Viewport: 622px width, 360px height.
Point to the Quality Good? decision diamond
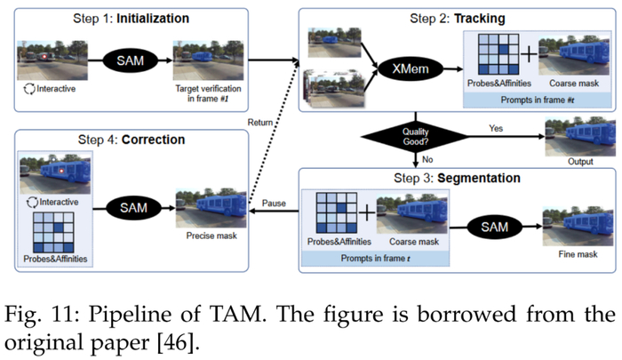416,135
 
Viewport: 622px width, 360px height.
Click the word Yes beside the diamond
495,128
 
